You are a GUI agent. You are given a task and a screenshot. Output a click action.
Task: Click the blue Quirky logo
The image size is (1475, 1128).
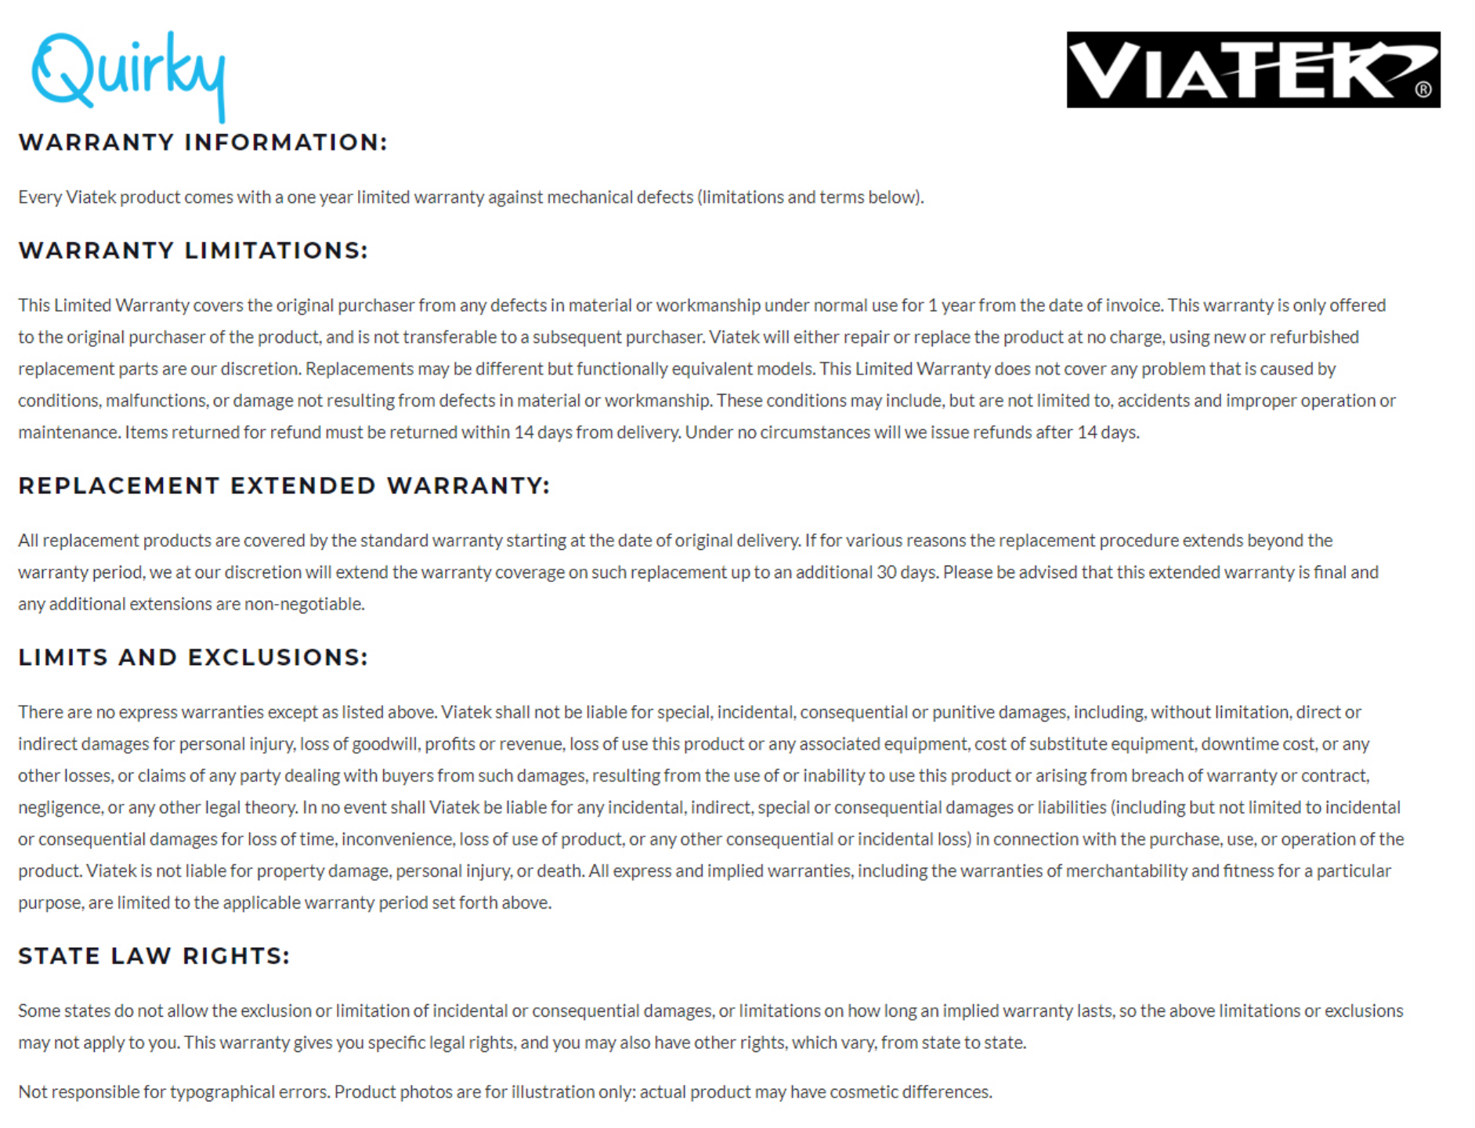(x=128, y=74)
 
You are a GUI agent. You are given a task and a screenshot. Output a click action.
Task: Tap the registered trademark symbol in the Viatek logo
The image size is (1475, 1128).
(x=1423, y=89)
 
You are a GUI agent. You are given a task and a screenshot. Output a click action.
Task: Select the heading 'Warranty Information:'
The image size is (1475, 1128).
(x=203, y=143)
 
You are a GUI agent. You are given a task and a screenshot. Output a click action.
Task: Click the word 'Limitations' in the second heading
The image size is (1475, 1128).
(x=276, y=251)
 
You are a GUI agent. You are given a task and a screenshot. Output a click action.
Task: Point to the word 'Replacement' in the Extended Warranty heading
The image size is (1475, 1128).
(x=118, y=486)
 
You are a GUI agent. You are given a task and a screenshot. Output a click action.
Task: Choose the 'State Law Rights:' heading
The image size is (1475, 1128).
(x=154, y=956)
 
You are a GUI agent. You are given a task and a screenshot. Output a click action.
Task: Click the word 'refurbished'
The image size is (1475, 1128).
(x=1314, y=338)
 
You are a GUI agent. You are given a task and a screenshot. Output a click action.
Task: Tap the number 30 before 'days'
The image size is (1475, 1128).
(x=886, y=573)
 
